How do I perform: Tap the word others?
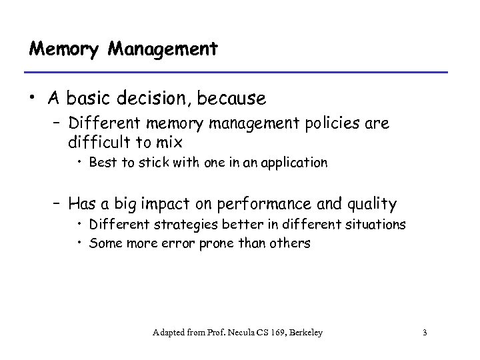(292, 243)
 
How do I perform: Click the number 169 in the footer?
(270, 332)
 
